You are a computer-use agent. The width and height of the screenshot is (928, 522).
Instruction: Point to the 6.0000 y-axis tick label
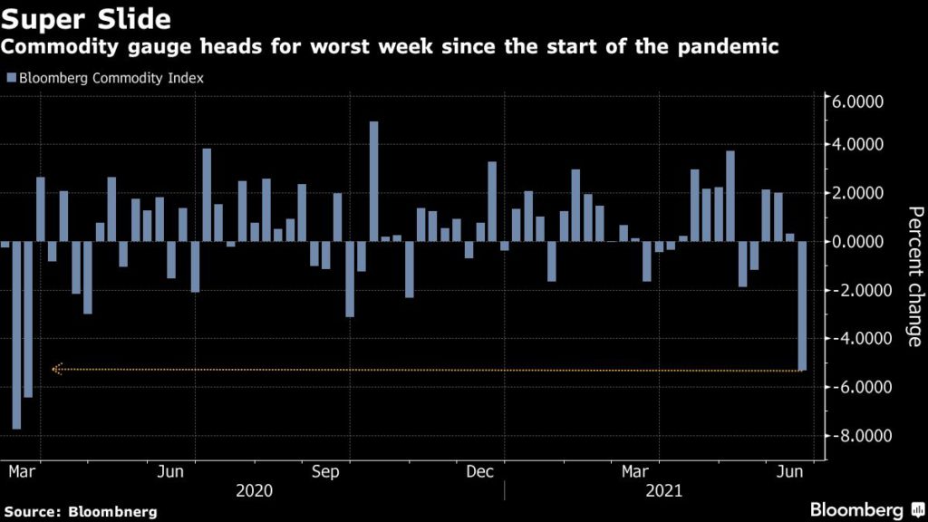point(859,103)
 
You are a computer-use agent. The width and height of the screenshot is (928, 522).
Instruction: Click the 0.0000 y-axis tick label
point(859,242)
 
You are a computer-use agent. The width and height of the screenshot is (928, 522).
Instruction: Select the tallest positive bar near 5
point(373,181)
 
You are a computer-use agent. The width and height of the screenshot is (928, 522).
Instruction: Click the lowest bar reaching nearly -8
point(16,335)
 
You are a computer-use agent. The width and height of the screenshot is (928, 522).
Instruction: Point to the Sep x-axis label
point(325,472)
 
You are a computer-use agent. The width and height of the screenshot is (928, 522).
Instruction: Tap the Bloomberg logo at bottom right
point(856,509)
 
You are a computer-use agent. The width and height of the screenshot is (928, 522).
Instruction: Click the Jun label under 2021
point(791,472)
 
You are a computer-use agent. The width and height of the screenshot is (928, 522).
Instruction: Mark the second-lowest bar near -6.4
point(28,319)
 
